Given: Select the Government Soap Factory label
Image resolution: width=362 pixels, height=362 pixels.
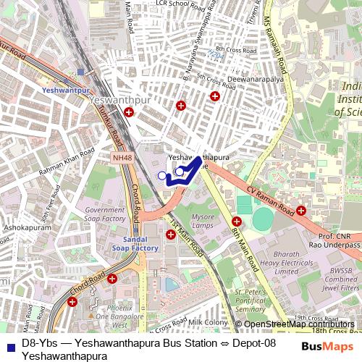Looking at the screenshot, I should [105, 214].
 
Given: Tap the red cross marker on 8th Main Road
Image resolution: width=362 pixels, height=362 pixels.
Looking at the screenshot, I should [236, 222].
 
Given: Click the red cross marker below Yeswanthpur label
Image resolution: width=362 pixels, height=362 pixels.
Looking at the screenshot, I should [129, 112].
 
